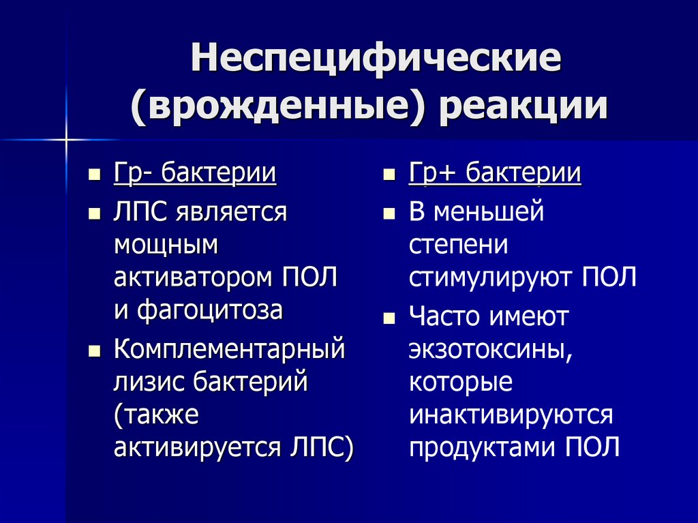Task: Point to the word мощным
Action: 166,245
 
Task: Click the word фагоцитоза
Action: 209,310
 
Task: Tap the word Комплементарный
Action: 229,350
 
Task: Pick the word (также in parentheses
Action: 157,415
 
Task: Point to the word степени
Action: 459,245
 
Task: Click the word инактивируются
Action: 511,415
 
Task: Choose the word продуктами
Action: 484,447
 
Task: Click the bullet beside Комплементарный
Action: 95,351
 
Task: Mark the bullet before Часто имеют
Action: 389,318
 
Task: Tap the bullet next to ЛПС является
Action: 95,213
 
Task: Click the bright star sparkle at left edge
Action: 67,140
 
